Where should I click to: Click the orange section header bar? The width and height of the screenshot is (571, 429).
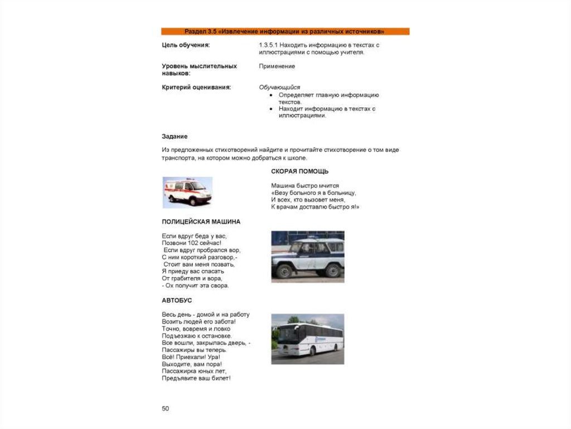click(x=285, y=31)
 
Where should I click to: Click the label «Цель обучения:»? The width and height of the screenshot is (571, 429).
click(x=186, y=45)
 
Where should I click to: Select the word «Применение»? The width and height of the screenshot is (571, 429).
click(x=277, y=66)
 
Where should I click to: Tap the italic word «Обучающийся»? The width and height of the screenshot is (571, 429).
click(x=279, y=88)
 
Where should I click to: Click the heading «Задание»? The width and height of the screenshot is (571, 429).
click(x=175, y=137)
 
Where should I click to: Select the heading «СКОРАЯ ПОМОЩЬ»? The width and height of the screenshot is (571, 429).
click(x=299, y=171)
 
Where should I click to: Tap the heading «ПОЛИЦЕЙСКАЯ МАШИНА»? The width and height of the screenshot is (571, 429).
click(x=201, y=221)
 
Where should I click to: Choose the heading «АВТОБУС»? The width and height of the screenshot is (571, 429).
click(x=177, y=301)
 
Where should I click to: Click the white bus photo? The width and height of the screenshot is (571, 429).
click(x=307, y=339)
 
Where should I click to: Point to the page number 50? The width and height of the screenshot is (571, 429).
click(x=165, y=409)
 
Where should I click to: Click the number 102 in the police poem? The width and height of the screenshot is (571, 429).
click(x=197, y=243)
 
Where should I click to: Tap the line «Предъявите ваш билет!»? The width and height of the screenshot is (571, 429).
click(x=196, y=378)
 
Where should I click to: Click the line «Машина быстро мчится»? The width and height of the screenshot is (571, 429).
click(x=304, y=185)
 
